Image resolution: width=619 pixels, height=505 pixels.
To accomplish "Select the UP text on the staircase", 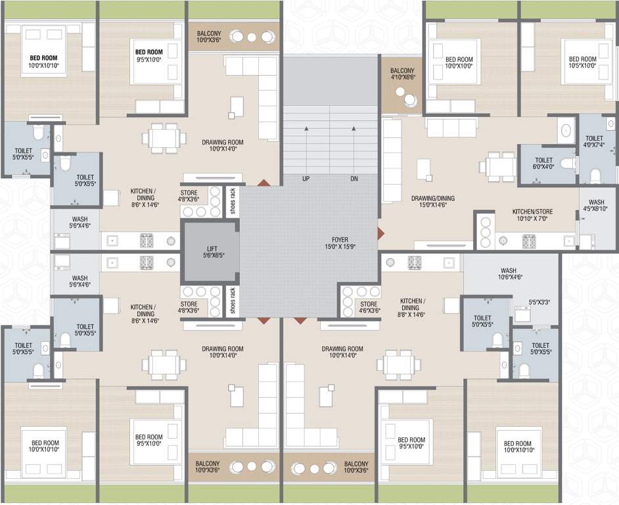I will (306, 179).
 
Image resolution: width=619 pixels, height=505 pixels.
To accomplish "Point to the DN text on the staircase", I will (354, 179).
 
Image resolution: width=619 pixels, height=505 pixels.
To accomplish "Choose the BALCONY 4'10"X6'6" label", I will (402, 74).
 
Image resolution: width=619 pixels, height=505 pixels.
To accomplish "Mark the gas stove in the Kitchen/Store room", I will (529, 241).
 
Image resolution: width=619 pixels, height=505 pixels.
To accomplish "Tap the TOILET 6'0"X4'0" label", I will (543, 164).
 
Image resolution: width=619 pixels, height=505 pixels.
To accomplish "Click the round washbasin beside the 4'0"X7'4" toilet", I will (566, 130).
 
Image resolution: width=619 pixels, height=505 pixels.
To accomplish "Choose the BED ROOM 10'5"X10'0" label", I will (582, 62).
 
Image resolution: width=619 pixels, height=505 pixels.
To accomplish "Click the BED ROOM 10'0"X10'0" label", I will (459, 62).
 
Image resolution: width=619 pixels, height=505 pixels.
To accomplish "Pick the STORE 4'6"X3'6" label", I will (369, 307).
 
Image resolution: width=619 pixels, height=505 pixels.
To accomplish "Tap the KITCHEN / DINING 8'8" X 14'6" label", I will (412, 307).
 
